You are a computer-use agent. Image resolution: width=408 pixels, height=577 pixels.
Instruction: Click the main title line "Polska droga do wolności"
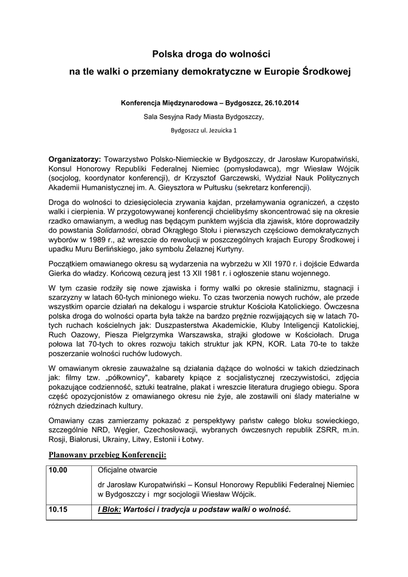(203, 54)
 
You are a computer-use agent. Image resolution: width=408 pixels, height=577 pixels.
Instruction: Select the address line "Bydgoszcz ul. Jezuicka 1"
(203, 131)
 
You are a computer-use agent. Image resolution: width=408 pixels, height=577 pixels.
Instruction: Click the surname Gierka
(62, 274)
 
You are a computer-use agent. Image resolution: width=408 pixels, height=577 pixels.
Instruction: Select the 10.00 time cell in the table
(58, 470)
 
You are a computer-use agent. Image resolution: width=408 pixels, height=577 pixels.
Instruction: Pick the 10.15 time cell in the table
(58, 509)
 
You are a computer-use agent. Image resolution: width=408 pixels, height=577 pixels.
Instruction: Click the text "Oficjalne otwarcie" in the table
(127, 470)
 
